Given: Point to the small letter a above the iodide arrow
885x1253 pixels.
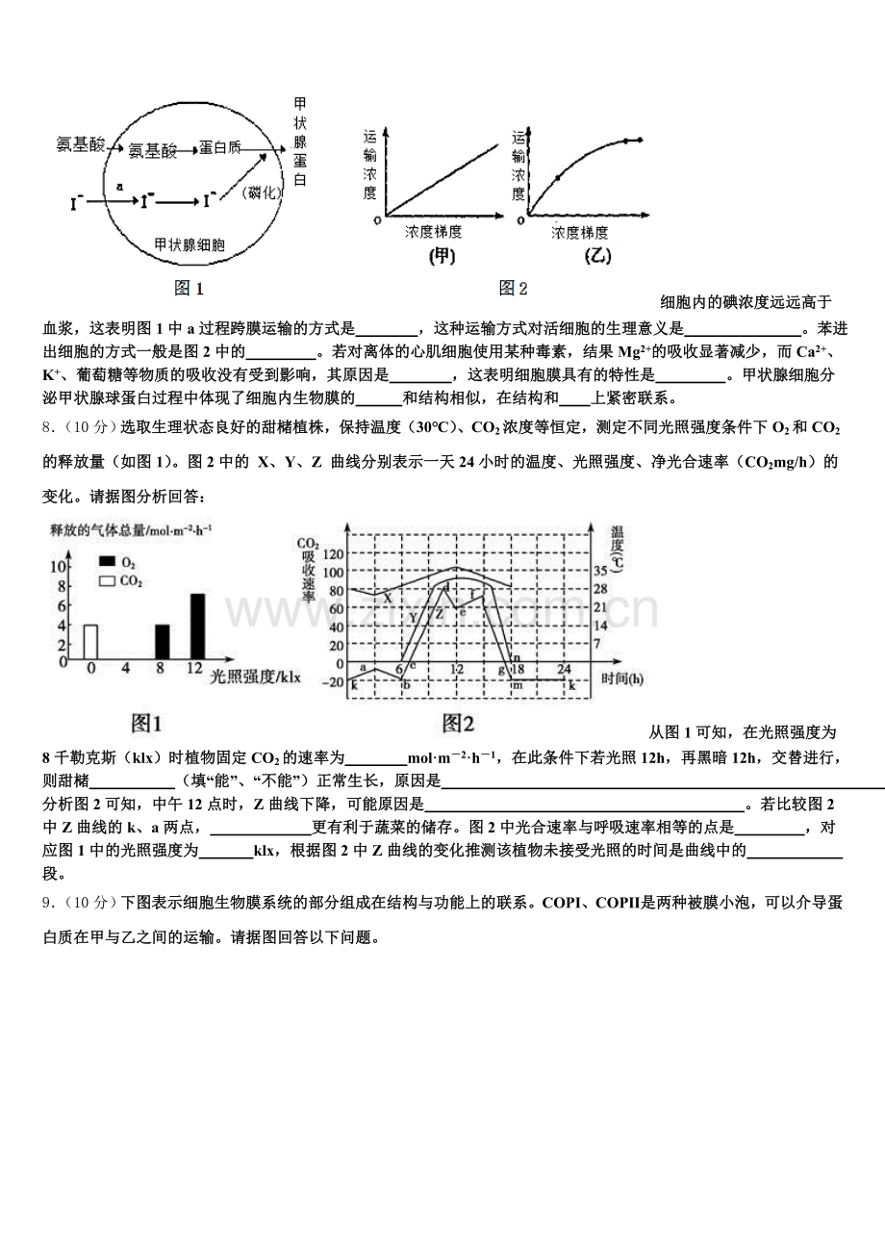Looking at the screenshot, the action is point(119,185).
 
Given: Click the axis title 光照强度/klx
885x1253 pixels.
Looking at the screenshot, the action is point(255,678).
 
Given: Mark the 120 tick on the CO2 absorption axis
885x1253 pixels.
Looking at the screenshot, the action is point(332,555).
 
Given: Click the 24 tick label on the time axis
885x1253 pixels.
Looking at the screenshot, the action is point(564,670).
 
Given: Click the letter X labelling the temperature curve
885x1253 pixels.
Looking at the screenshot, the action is point(388,598).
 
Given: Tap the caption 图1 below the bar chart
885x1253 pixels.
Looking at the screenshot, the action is point(146,722).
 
